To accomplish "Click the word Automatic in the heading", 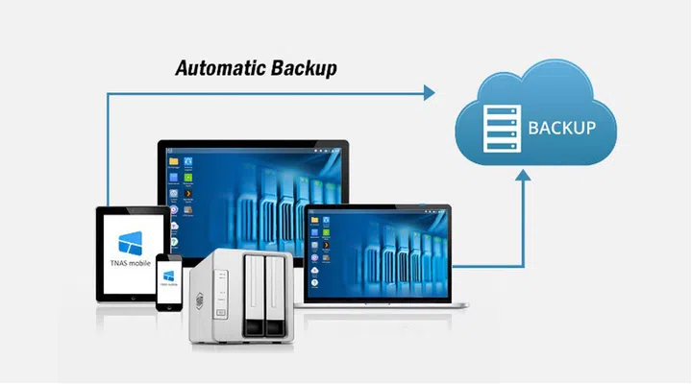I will [x=214, y=69].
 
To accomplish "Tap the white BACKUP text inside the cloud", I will [x=561, y=128].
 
